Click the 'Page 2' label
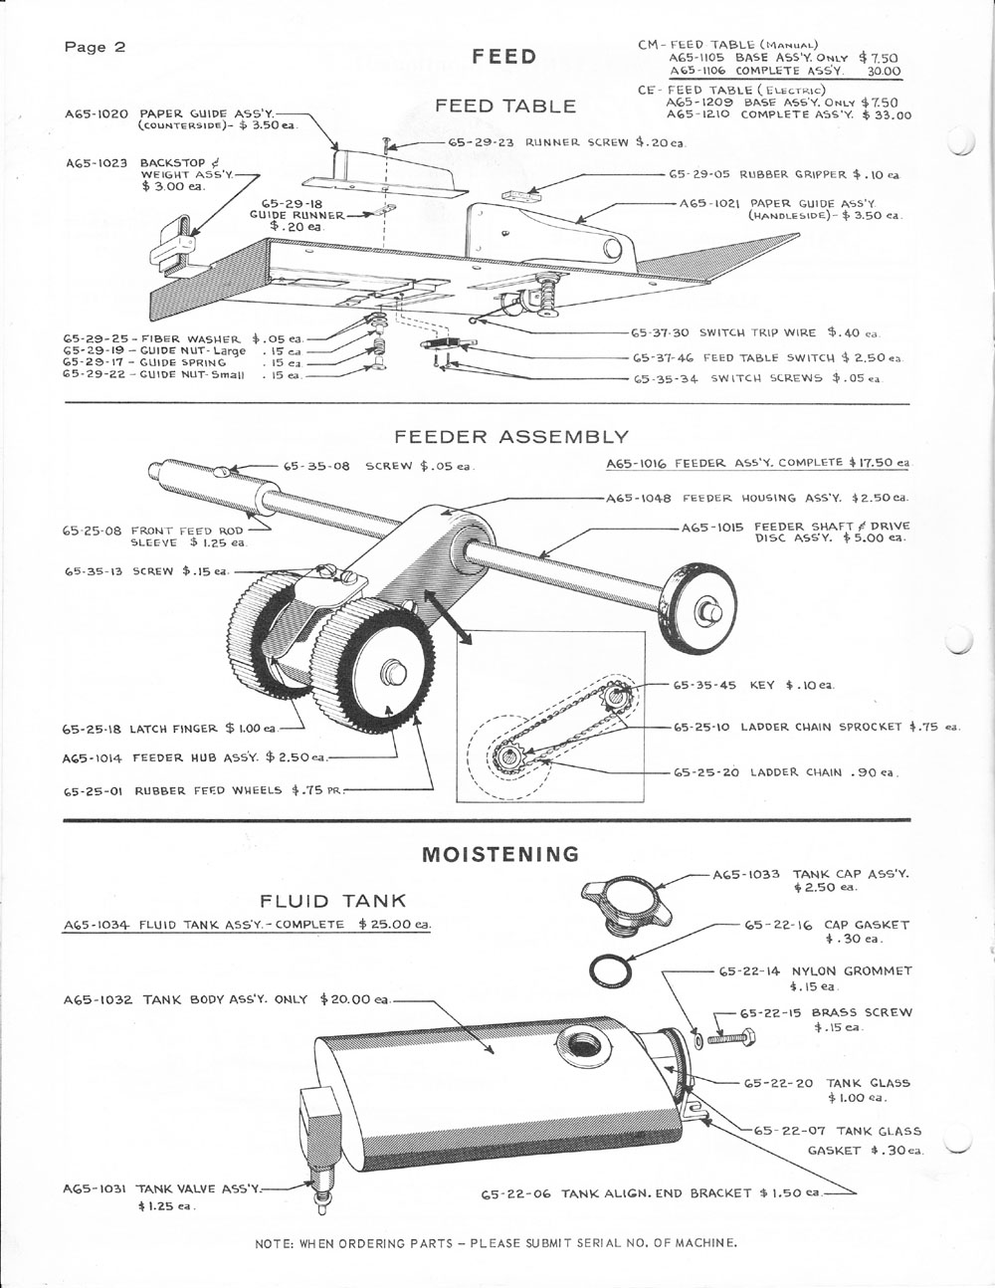coord(95,47)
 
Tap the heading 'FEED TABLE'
coord(505,105)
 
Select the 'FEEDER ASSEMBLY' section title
coord(511,436)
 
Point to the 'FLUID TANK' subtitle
coord(333,901)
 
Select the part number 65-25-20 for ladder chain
coord(701,771)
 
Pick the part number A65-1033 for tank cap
coord(746,874)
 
